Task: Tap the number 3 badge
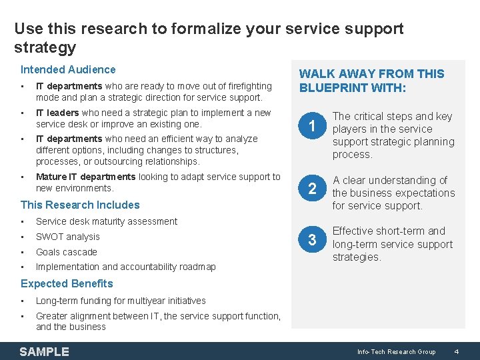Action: pyautogui.click(x=311, y=240)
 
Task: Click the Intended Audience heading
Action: pyautogui.click(x=68, y=69)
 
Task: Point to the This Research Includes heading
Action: pyautogui.click(x=80, y=205)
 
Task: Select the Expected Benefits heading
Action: pyautogui.click(x=67, y=283)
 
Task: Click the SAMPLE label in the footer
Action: pyautogui.click(x=44, y=351)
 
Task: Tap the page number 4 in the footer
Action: pyautogui.click(x=456, y=351)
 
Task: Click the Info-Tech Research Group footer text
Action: pyautogui.click(x=396, y=351)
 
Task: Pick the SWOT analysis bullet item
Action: pyautogui.click(x=67, y=237)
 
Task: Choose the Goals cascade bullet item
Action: pyautogui.click(x=66, y=252)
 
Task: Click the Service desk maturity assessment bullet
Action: pyautogui.click(x=107, y=221)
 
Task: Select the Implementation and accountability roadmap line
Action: pyautogui.click(x=125, y=267)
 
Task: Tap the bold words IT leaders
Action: pyautogui.click(x=57, y=113)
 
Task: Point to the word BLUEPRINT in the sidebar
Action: pyautogui.click(x=334, y=87)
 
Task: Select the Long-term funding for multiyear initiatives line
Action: pyautogui.click(x=121, y=301)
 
